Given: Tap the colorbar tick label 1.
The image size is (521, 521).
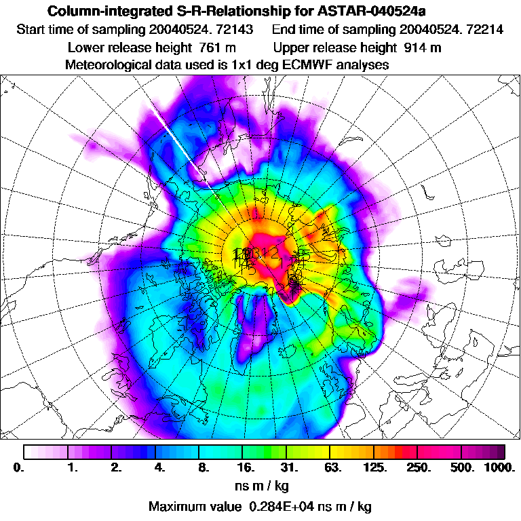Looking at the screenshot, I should (72, 467).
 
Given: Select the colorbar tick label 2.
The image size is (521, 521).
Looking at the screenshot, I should (116, 467).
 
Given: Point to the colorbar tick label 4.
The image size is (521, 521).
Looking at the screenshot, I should (159, 467).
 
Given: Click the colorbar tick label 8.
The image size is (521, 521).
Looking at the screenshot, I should (203, 467).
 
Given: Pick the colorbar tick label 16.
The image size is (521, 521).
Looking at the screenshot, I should (246, 467).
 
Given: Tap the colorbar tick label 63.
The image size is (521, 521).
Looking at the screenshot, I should (333, 467).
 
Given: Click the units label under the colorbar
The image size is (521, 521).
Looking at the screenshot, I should (260, 486).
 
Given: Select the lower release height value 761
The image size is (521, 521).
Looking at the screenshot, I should (210, 47).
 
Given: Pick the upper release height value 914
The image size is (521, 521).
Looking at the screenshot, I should (414, 47).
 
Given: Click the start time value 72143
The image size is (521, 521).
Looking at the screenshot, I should (224, 30).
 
